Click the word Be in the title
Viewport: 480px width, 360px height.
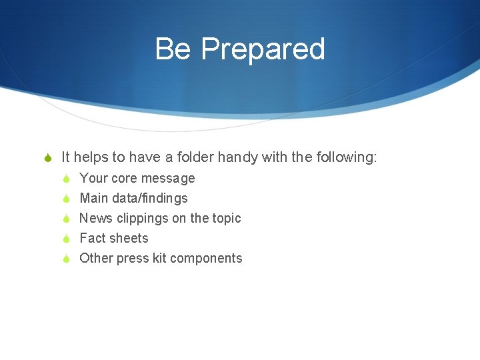point(173,49)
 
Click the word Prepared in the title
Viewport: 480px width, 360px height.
point(263,49)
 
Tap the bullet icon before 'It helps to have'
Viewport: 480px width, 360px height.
point(47,158)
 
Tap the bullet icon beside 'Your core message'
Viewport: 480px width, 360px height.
point(66,179)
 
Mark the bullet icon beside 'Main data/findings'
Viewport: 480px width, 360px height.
point(66,199)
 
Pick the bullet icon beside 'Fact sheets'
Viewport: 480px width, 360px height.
point(66,239)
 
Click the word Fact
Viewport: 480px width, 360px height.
point(93,238)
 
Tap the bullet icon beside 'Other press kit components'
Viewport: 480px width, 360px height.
point(66,259)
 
